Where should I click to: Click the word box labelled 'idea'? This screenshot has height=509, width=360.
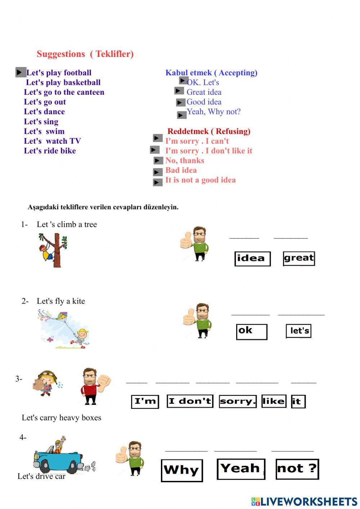252,259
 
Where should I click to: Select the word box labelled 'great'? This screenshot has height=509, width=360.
299,258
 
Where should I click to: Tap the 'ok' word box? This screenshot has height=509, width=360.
252,331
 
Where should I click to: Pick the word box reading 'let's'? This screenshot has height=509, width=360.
298,331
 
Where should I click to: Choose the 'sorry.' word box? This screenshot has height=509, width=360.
238,401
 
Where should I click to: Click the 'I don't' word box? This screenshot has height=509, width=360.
190,401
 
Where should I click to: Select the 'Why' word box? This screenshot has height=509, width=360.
182,470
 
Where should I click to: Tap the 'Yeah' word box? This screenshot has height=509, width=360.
241,469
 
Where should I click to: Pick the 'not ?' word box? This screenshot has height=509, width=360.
297,469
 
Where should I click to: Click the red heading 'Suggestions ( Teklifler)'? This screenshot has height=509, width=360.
85,54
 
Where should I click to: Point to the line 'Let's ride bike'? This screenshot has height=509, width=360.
50,151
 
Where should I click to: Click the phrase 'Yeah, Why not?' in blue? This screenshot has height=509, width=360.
213,112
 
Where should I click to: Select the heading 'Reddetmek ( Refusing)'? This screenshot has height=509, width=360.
209,131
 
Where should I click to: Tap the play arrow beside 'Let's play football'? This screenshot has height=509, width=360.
21,72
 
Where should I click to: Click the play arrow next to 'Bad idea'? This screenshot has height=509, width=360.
158,172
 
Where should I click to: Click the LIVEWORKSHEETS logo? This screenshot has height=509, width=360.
304,501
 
